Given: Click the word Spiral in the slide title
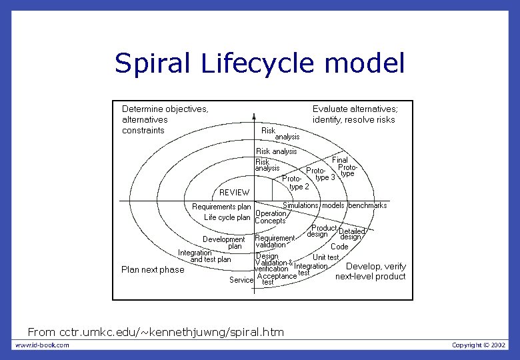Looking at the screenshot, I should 153,63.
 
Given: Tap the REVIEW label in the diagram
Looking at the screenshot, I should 234,193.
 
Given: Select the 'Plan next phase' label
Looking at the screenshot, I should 153,269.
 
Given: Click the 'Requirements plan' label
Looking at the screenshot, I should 221,207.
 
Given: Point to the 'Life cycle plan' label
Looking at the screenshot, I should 227,217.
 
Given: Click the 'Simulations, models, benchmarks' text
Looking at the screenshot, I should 335,205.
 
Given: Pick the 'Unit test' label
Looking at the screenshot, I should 326,257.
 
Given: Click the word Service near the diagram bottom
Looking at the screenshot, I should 241,280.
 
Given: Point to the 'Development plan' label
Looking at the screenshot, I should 224,243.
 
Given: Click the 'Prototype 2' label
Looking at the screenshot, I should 296,183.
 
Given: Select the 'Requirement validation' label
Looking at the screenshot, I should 274,241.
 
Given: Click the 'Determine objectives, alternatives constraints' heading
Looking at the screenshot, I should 165,119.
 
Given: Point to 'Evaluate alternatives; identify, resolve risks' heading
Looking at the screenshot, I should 355,114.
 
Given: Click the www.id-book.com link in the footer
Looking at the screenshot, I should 42,345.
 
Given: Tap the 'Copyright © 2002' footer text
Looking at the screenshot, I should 479,345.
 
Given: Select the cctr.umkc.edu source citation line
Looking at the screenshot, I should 155,331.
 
